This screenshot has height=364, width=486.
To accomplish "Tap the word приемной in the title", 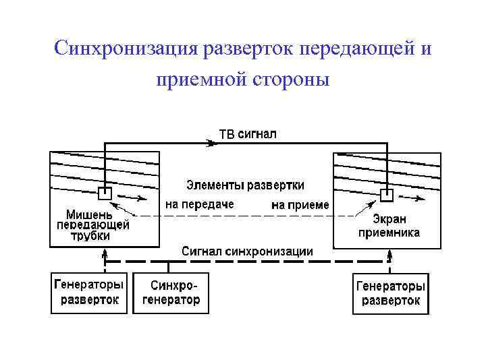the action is pos(199,81).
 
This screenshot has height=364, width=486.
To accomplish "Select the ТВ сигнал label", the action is pos(248,134).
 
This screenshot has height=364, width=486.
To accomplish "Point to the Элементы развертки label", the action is pos(245,184).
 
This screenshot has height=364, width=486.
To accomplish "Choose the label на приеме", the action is pos(300,204).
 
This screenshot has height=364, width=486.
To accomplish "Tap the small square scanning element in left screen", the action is pos(105,193).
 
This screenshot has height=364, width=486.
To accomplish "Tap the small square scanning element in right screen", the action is pos(386,195).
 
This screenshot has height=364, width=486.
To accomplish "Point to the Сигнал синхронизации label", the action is pos(247,251).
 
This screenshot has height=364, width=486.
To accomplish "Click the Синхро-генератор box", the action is pos(171,293).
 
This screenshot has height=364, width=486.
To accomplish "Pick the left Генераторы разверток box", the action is pos(90,293).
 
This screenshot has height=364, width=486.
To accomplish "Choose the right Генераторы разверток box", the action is pos(391,293).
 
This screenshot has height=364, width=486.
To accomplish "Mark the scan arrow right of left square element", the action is pos(134,198).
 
